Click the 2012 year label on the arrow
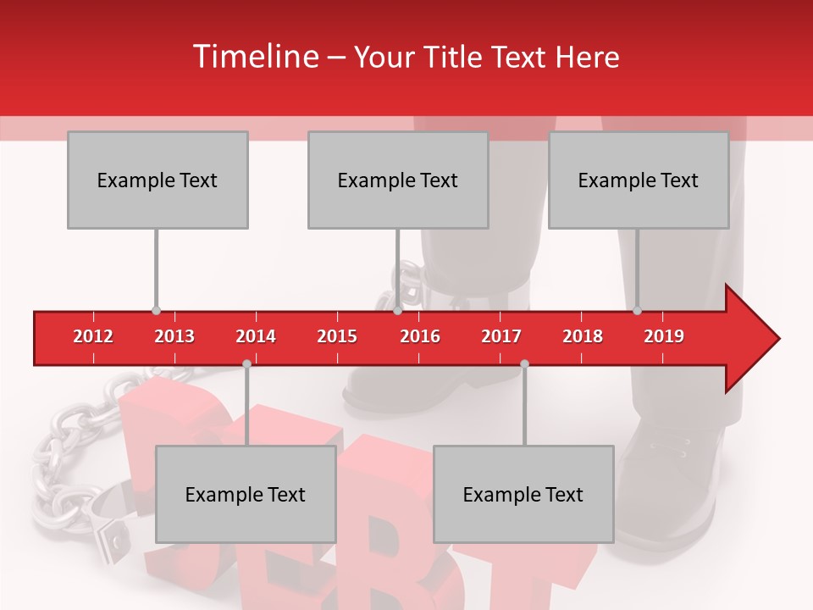[93, 336]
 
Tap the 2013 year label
[174, 336]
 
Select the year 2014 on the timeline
[256, 336]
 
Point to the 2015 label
[337, 336]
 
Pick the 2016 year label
[420, 336]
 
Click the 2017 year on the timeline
[501, 336]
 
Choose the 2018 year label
[583, 336]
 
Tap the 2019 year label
[664, 336]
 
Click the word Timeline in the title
[254, 57]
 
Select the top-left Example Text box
[158, 180]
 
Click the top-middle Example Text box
[398, 180]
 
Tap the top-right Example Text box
[639, 180]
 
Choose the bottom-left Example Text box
[246, 494]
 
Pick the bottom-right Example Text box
[523, 494]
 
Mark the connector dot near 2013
[156, 311]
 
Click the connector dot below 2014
[246, 363]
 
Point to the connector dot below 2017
[524, 363]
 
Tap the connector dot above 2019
[637, 311]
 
